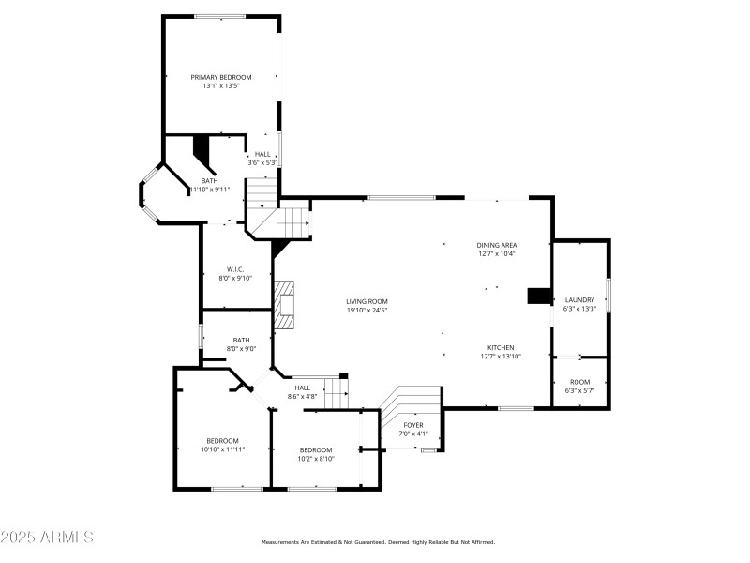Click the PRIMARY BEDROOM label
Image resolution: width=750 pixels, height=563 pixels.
point(221,77)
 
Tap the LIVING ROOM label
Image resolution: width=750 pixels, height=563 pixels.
point(367,301)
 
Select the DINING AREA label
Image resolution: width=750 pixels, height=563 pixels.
point(496,245)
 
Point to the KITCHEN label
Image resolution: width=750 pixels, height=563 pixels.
point(500,347)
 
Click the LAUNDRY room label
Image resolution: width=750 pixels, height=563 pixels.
point(579,299)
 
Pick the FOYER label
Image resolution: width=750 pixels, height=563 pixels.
point(413,425)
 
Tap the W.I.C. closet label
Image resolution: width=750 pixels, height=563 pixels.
point(235,269)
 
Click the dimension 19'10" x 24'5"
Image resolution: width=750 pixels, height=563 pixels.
point(367,311)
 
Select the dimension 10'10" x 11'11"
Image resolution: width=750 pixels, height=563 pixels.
point(222,449)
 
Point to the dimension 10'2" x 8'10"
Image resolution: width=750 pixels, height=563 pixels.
point(316,459)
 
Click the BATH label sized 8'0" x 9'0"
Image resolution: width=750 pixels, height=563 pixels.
point(241,341)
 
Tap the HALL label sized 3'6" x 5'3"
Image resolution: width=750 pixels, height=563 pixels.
point(262,154)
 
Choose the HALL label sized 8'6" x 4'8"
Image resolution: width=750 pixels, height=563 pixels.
point(302,388)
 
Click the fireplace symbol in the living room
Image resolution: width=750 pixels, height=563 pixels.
point(285,305)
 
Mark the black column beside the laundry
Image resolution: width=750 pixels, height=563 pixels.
point(539,296)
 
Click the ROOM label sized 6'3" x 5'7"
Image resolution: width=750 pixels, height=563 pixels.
point(580,382)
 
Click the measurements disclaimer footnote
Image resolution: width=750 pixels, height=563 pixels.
point(377,542)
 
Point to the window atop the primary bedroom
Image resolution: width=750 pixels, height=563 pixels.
point(220,16)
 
